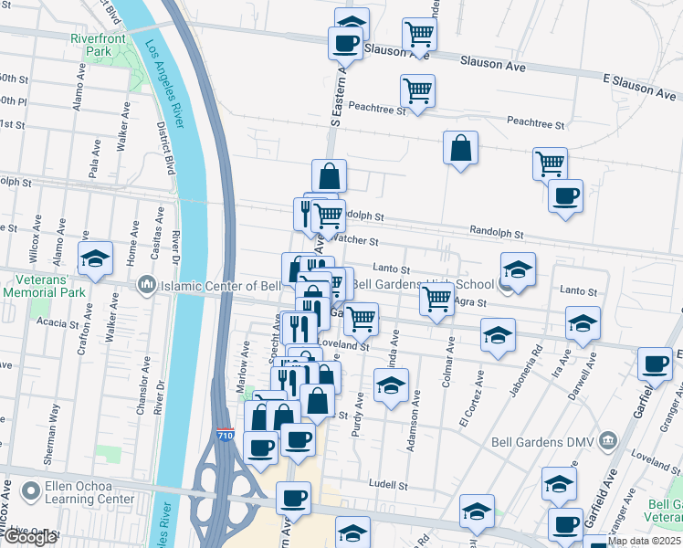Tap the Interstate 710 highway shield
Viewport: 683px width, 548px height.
[225, 436]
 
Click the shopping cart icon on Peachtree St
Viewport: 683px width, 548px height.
[417, 91]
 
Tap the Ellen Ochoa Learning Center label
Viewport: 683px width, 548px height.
[82, 493]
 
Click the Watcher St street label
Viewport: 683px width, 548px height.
[352, 240]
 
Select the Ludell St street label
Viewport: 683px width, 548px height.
[386, 482]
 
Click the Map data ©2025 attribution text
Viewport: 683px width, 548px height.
[644, 541]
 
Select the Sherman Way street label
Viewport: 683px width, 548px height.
[56, 424]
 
